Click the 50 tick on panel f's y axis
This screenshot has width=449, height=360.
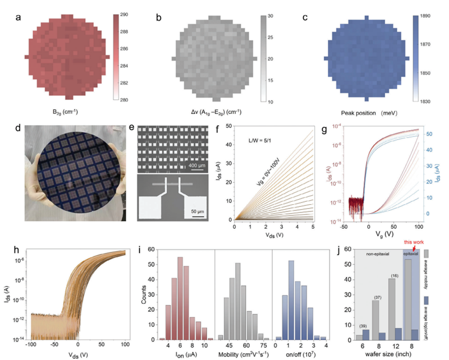point(226,127)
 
